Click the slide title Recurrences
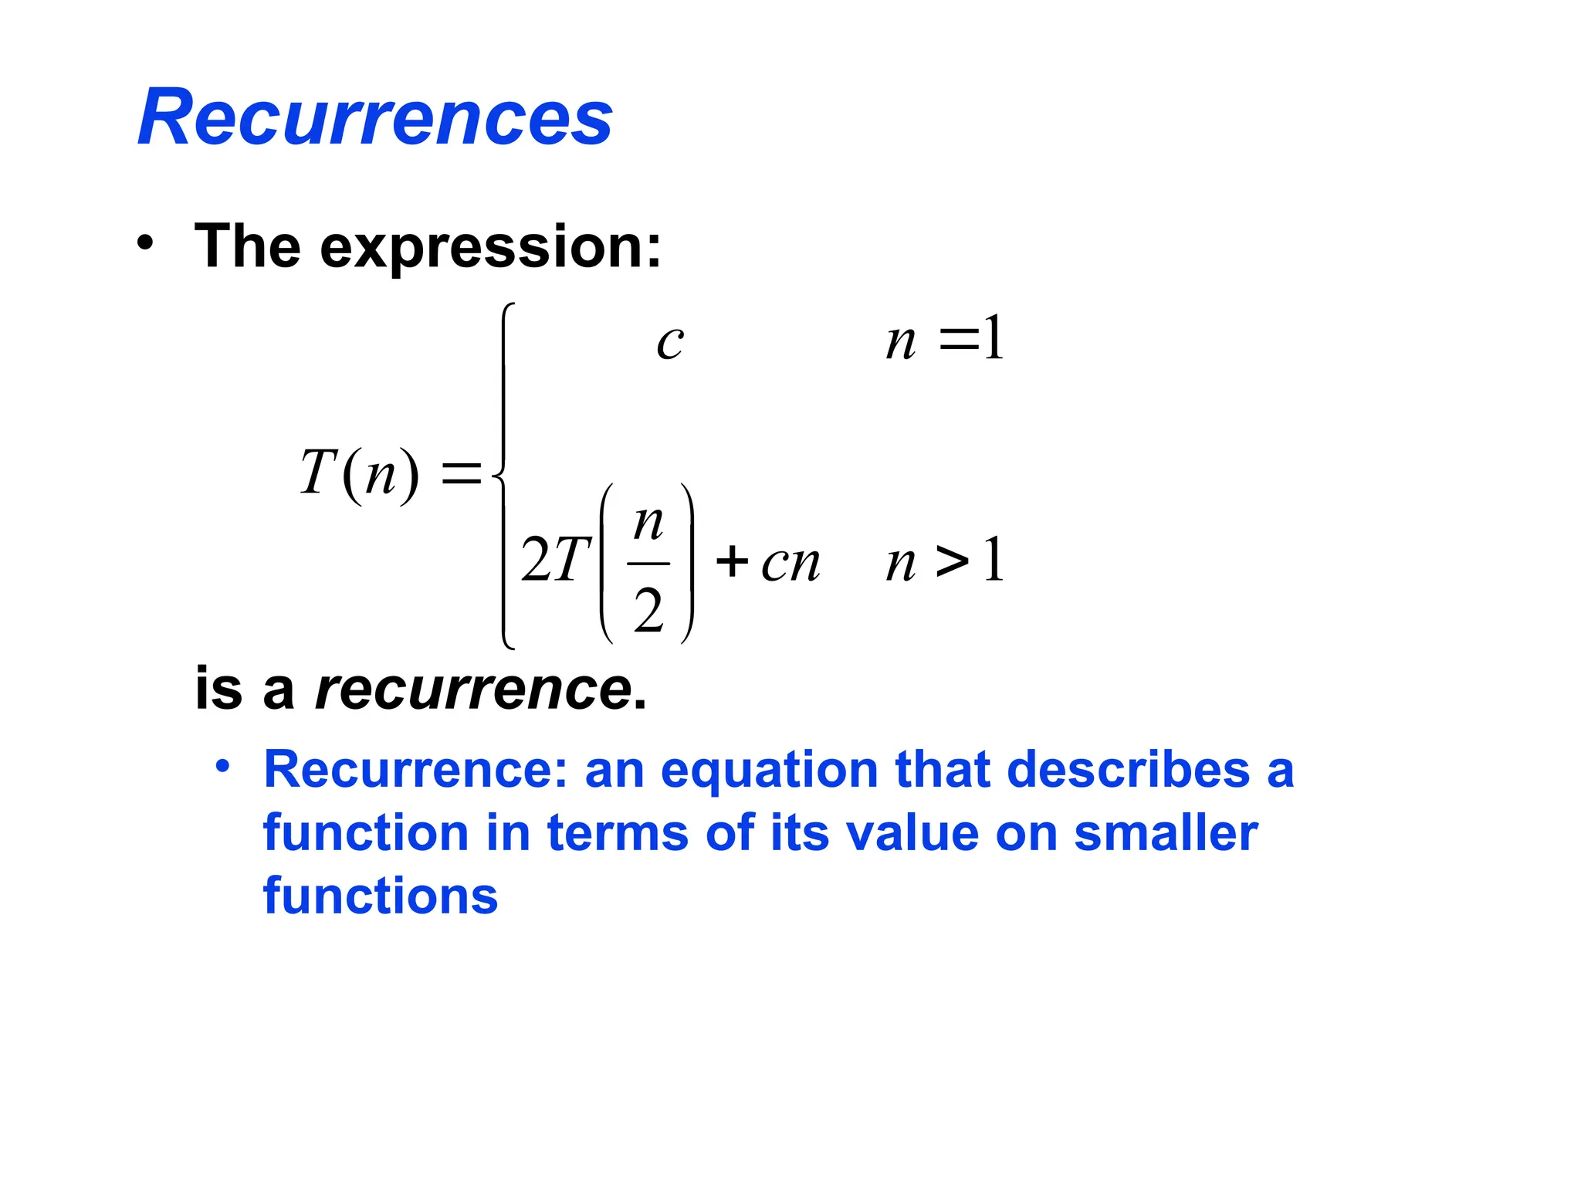375,117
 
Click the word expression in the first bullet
491,247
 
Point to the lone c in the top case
670,341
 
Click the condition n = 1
945,340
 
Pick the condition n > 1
945,561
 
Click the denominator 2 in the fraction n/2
648,611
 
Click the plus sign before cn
732,561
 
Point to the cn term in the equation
790,564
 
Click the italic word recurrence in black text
474,689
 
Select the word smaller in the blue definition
1166,834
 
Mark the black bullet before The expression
144,244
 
